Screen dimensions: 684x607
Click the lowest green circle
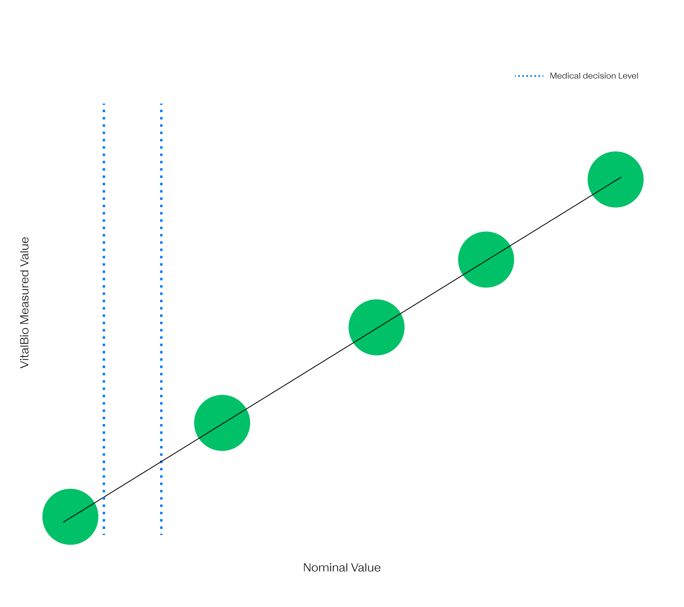(70, 517)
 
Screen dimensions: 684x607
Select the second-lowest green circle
(222, 423)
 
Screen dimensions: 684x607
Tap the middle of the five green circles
(376, 327)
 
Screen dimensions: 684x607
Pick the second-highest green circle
(486, 260)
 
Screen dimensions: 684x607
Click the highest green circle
(615, 180)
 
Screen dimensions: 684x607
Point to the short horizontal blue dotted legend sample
(529, 76)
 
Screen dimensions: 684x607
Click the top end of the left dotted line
(104, 104)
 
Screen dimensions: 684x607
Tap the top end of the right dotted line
(161, 104)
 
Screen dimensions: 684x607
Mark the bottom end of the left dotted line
(104, 534)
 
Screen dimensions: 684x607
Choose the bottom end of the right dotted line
(161, 534)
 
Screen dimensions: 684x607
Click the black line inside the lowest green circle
(79, 513)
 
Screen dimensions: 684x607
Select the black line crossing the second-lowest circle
(222, 424)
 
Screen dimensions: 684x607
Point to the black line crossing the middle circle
(377, 328)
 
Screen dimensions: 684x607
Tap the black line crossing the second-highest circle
(486, 261)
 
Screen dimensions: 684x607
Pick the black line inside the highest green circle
(606, 186)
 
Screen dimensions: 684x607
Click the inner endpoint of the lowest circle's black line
(63, 522)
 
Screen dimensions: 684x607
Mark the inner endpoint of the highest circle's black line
(621, 177)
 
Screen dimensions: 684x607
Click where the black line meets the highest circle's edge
(592, 195)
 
